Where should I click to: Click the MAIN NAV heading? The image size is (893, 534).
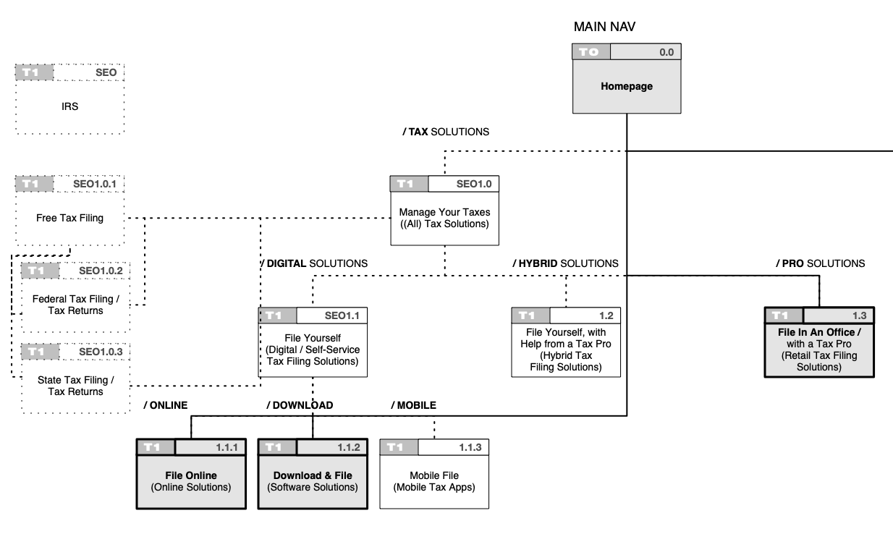[x=604, y=27]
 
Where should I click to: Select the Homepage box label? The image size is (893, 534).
[x=627, y=87]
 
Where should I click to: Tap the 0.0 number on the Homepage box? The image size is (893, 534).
[x=666, y=52]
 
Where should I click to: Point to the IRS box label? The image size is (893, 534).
[x=69, y=106]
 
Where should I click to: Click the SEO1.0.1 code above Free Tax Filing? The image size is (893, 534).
[x=95, y=184]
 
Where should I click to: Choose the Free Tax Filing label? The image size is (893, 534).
[x=69, y=218]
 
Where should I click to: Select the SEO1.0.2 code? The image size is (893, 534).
[x=101, y=271]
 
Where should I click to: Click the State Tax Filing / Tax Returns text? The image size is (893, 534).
[x=76, y=386]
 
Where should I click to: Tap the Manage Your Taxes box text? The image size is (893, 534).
[x=444, y=218]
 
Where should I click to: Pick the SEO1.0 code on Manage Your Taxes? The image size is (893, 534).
[x=473, y=184]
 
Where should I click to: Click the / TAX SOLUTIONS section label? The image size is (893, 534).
[x=446, y=132]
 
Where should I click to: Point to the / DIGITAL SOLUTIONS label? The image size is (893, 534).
[x=314, y=263]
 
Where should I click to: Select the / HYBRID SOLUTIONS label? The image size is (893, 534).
[x=565, y=263]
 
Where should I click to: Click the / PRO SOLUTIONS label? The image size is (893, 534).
[x=821, y=263]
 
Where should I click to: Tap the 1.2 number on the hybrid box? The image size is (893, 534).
[x=606, y=315]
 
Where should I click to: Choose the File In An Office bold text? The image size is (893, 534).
[x=819, y=332]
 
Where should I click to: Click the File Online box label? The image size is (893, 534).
[x=191, y=475]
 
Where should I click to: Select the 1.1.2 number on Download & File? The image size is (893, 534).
[x=348, y=447]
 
